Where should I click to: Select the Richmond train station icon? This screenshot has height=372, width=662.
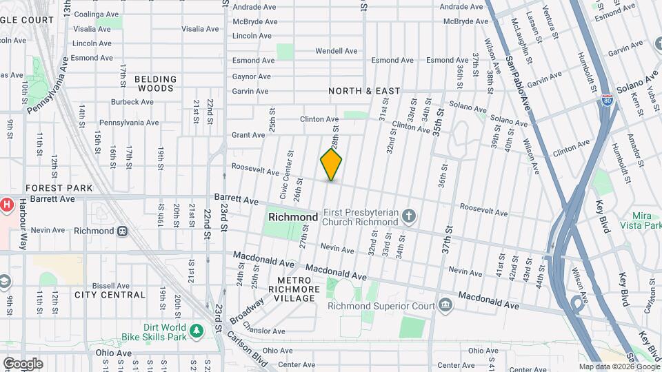[122, 231]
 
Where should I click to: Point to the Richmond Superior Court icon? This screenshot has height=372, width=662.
[445, 305]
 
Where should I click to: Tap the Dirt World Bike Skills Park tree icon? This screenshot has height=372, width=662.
[197, 331]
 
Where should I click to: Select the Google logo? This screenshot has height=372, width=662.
[23, 363]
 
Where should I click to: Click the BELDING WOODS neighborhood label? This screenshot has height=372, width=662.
[155, 84]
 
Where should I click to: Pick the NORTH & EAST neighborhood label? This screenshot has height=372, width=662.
[364, 91]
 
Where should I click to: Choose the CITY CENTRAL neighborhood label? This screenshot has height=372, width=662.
[110, 295]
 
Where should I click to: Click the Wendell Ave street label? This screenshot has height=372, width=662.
[337, 51]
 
